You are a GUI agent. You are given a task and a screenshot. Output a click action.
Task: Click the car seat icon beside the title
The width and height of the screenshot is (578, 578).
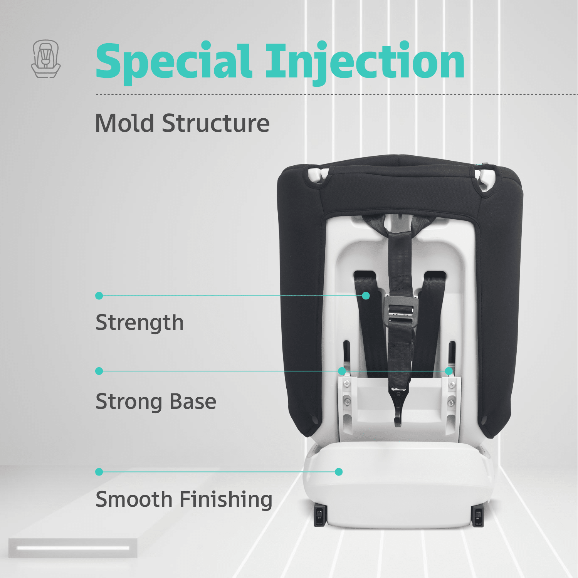[46, 59]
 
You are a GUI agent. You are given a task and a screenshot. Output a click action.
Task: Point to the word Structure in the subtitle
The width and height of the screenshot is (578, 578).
[216, 123]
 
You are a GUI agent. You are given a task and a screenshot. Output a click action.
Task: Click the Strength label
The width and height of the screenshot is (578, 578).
[139, 323]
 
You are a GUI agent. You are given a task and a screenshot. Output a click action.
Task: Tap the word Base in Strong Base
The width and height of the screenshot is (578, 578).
[193, 402]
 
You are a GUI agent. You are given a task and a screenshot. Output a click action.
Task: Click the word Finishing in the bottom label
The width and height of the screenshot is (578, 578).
[226, 500]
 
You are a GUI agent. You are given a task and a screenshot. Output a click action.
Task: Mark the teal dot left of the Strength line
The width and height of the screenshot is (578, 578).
[99, 296]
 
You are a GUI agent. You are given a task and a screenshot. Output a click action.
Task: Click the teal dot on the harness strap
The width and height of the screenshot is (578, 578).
[366, 296]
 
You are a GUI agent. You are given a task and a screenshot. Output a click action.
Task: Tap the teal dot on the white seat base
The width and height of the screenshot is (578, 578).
[339, 472]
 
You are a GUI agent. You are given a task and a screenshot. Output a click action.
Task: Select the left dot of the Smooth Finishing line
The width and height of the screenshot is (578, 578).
[99, 472]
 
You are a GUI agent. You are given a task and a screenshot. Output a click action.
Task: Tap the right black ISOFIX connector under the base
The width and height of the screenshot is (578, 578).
[477, 516]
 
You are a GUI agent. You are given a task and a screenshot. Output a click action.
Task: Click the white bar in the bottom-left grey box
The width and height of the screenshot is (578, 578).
[73, 548]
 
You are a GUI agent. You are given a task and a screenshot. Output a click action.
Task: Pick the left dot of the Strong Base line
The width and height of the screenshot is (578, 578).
[99, 371]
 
